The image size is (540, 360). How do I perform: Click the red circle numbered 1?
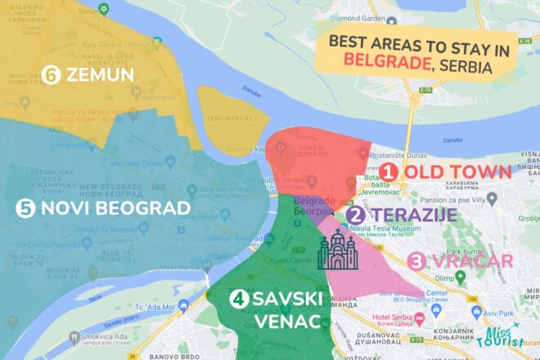click(389, 173)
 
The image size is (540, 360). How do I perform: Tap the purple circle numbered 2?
click(355, 216)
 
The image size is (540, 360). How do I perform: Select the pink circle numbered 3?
click(417, 262)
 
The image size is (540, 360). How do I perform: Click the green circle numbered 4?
click(238, 300)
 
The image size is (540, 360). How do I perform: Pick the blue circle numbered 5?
click(25, 208)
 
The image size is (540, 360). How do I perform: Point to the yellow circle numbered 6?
click(52, 75)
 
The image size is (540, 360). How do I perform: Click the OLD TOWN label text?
click(458, 173)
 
